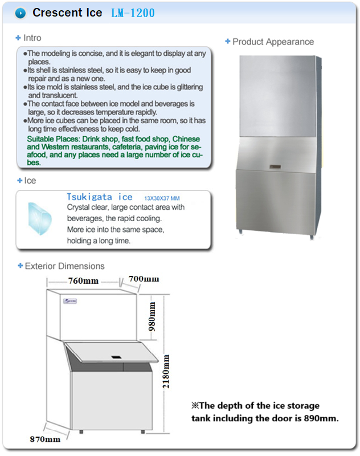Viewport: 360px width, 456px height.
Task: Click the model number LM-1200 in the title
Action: point(134,13)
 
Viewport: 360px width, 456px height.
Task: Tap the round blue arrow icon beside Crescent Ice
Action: point(21,13)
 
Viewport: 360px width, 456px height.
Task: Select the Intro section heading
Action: point(32,38)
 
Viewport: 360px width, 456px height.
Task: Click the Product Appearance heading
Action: point(273,42)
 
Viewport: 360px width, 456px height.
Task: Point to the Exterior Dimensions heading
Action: point(64,266)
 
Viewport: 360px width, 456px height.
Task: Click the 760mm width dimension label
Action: point(83,281)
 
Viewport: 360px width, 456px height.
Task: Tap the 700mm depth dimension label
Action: point(144,279)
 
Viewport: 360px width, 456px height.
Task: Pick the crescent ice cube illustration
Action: point(40,218)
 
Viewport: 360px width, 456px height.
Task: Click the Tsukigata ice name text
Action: point(99,197)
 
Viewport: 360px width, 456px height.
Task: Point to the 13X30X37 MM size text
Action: point(162,198)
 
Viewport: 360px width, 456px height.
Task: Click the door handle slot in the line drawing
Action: point(116,357)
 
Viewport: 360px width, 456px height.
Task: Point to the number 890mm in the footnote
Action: point(322,419)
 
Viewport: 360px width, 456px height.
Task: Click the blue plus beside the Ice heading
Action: point(20,181)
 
